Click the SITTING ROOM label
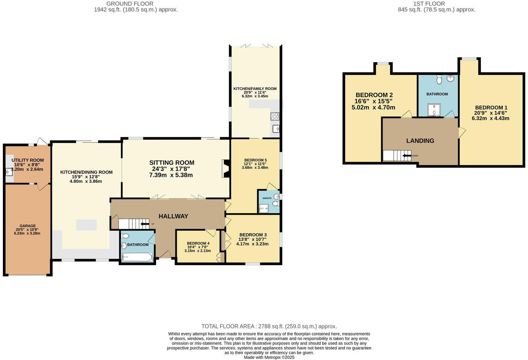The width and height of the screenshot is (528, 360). [172, 163]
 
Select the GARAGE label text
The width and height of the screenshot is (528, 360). [28, 226]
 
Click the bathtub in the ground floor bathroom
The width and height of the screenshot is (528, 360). [137, 257]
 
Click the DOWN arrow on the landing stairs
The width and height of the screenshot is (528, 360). [407, 156]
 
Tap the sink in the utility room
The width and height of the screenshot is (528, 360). [9, 172]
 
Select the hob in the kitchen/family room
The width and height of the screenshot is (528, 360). [275, 116]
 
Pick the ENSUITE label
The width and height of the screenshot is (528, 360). [267, 198]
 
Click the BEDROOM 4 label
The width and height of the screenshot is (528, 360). [198, 243]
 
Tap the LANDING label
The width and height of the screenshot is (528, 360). [420, 141]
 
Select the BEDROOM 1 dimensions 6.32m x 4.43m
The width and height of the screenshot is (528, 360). [490, 119]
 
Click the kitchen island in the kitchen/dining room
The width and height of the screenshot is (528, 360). [86, 225]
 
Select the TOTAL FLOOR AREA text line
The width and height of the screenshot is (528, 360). [269, 326]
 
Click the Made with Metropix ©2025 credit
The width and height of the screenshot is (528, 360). [269, 357]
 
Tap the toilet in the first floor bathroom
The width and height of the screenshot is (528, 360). [439, 79]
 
